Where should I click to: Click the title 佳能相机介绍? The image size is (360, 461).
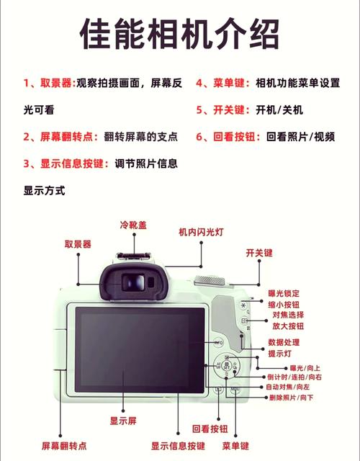179,32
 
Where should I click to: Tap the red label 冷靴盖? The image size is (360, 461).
133,225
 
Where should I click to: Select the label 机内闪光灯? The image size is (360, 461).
202,232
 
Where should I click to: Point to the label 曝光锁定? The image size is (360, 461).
285,293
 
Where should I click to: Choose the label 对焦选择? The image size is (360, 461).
287,315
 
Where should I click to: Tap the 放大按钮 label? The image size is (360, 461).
287,326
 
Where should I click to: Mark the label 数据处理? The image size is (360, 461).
285,342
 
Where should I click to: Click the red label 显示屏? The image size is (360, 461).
122,420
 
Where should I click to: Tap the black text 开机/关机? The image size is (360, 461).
279,110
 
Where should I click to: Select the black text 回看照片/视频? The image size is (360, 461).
300,136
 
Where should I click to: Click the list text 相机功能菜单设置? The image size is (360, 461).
297,84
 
